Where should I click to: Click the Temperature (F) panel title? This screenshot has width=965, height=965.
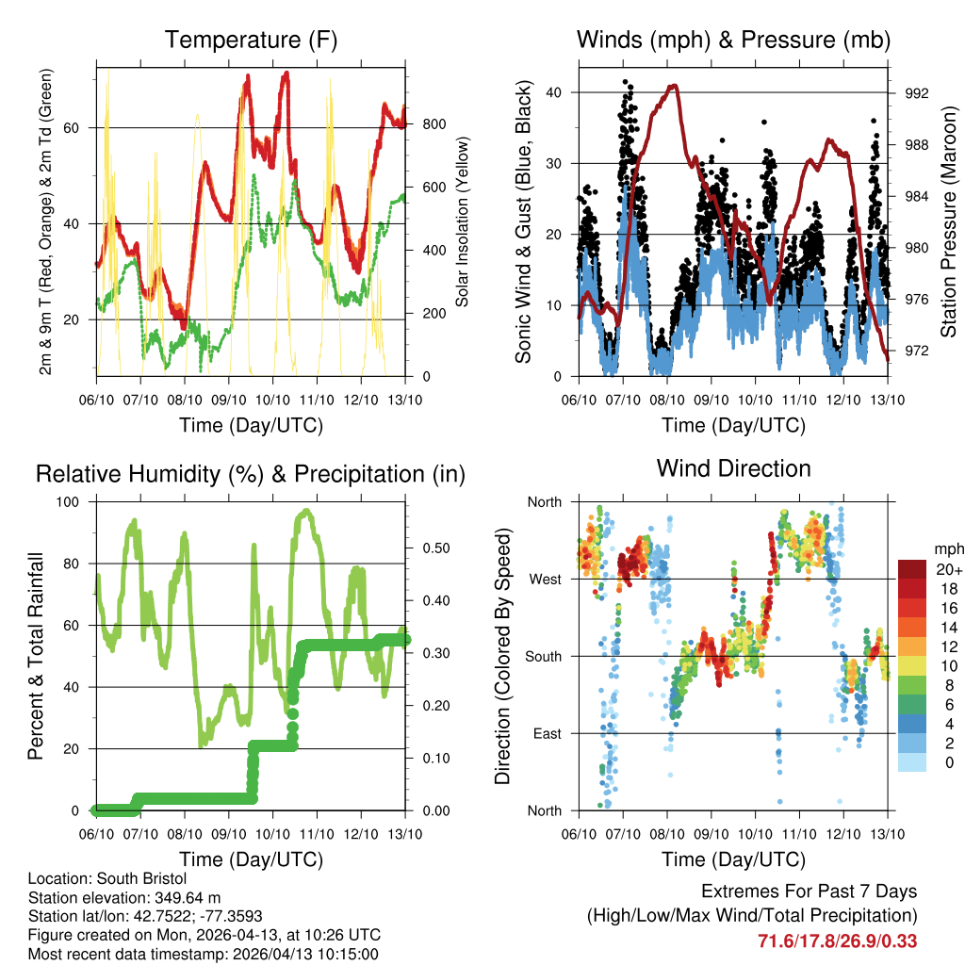click(251, 40)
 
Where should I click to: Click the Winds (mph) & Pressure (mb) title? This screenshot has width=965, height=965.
click(733, 40)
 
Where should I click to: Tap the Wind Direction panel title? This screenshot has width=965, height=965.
click(733, 467)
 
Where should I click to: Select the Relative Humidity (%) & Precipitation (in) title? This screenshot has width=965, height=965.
click(251, 474)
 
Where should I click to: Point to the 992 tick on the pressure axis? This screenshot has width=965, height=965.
click(916, 93)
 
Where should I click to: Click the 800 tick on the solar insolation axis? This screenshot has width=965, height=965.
click(433, 124)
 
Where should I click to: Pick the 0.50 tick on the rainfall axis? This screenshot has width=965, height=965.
click(433, 548)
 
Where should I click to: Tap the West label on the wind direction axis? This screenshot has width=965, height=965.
click(544, 579)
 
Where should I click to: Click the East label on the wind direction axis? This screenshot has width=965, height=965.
click(546, 733)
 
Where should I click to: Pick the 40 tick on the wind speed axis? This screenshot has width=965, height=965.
click(555, 92)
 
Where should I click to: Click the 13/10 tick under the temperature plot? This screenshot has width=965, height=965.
click(405, 400)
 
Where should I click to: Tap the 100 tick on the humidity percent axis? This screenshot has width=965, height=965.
click(73, 501)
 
